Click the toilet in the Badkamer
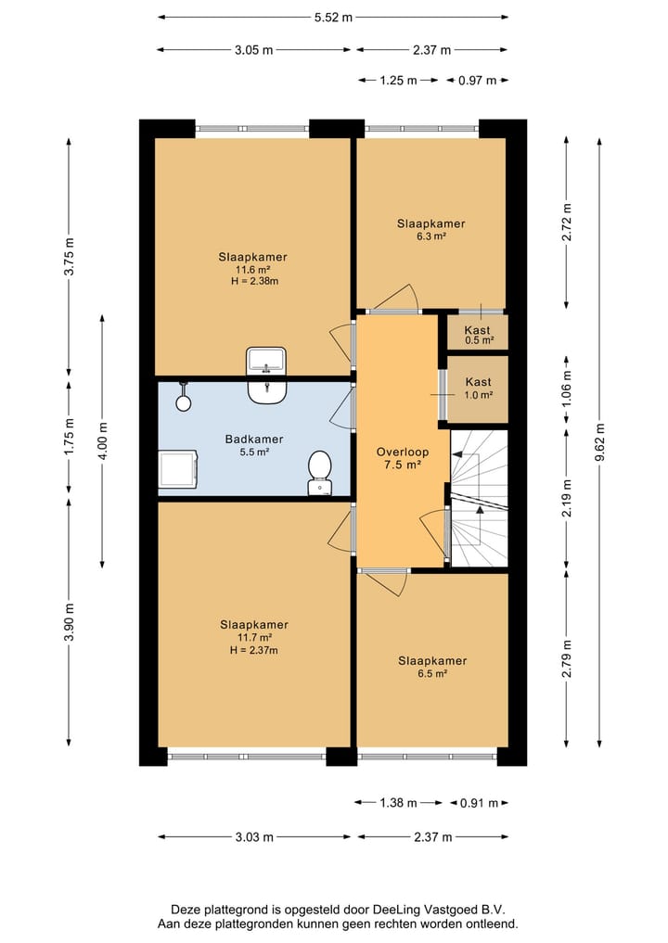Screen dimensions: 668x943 pos(319,473)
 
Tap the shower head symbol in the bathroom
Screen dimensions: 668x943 pos(184,398)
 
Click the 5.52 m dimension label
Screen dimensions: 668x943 pos(333,18)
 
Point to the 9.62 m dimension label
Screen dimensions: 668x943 pos(599,442)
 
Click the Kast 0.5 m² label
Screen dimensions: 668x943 pos(478,335)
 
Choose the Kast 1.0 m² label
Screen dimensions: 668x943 pos(479,388)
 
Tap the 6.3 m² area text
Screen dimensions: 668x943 pos(431,236)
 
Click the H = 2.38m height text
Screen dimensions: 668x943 pos(254,281)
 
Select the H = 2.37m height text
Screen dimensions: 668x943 pos(254,650)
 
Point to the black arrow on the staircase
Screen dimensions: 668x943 pos(480,509)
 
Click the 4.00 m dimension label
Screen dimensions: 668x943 pos(103,440)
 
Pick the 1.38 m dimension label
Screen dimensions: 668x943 pos(398,803)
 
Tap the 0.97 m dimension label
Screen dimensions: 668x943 pos(477,80)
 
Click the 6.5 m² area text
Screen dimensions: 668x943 pos(432,674)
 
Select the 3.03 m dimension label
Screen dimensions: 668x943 pos(254,836)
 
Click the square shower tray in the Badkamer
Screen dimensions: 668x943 pos(178,470)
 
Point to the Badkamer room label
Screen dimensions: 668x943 pos(254,439)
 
